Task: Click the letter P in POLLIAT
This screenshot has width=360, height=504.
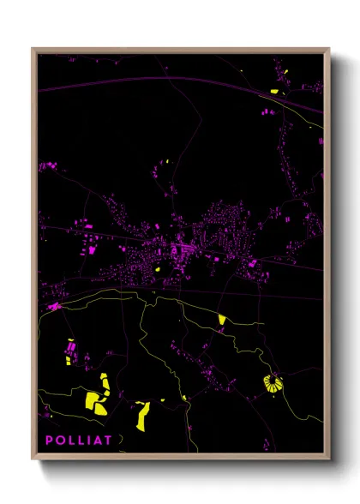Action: (x=50, y=441)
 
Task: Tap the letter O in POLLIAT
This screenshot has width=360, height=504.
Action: (x=61, y=441)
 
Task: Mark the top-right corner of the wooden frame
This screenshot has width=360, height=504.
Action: (x=329, y=49)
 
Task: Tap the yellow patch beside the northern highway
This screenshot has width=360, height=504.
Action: (x=274, y=91)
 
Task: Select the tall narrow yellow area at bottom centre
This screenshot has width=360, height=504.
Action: (x=142, y=414)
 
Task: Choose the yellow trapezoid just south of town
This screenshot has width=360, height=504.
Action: (x=221, y=320)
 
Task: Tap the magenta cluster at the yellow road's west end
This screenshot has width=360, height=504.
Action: (x=55, y=305)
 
